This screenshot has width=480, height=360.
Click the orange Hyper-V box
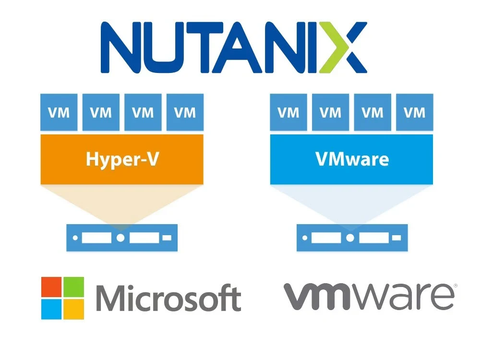coord(122,159)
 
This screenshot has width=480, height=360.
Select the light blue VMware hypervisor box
coord(352,159)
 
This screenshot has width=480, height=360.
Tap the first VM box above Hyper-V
coord(59,112)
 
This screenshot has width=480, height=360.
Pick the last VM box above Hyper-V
coord(185,112)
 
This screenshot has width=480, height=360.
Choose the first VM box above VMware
coord(288,112)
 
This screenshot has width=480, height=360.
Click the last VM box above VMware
coord(414,112)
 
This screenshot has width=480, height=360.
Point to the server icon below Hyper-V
coord(122,238)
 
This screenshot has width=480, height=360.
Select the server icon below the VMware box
coord(352,238)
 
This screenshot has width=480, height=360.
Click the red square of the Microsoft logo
coord(51,287)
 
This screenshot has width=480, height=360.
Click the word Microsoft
coord(168,299)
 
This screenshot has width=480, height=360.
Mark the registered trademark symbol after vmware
coord(455,286)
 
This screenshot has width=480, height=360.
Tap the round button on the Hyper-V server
coord(120,238)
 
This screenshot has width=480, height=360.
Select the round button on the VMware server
coord(350,238)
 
